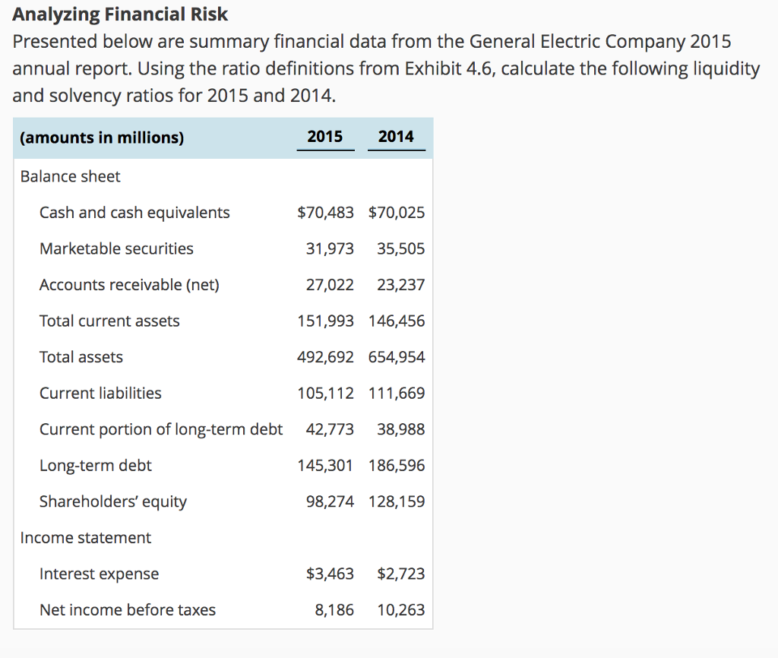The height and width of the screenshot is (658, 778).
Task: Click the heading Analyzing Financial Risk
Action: click(x=120, y=14)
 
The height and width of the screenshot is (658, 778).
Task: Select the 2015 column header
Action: click(x=325, y=137)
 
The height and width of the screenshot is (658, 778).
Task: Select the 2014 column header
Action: click(x=396, y=137)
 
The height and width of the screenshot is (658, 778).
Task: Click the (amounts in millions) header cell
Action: click(x=102, y=138)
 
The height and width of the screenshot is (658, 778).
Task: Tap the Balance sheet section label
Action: click(x=70, y=176)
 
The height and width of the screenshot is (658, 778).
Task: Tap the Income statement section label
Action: click(x=85, y=538)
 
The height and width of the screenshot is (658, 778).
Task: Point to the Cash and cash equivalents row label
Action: click(x=134, y=213)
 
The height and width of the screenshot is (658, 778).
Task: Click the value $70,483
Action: click(x=325, y=213)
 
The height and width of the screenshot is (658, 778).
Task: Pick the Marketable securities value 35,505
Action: click(x=400, y=249)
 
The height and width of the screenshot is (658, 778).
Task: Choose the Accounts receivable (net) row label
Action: click(x=129, y=285)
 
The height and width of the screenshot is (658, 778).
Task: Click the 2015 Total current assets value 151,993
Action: click(x=325, y=321)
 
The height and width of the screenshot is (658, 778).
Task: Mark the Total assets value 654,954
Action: click(x=397, y=357)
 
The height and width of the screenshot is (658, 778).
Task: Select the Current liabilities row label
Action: click(x=100, y=394)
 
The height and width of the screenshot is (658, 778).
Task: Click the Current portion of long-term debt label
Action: click(x=161, y=429)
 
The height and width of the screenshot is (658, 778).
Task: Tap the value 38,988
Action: click(x=400, y=429)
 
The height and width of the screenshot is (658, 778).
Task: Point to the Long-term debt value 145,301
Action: click(x=325, y=466)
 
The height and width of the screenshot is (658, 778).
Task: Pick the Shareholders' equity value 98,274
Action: click(x=330, y=501)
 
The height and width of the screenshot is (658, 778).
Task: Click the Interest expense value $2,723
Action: click(x=400, y=574)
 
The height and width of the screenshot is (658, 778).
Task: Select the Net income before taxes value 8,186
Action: click(x=334, y=610)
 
